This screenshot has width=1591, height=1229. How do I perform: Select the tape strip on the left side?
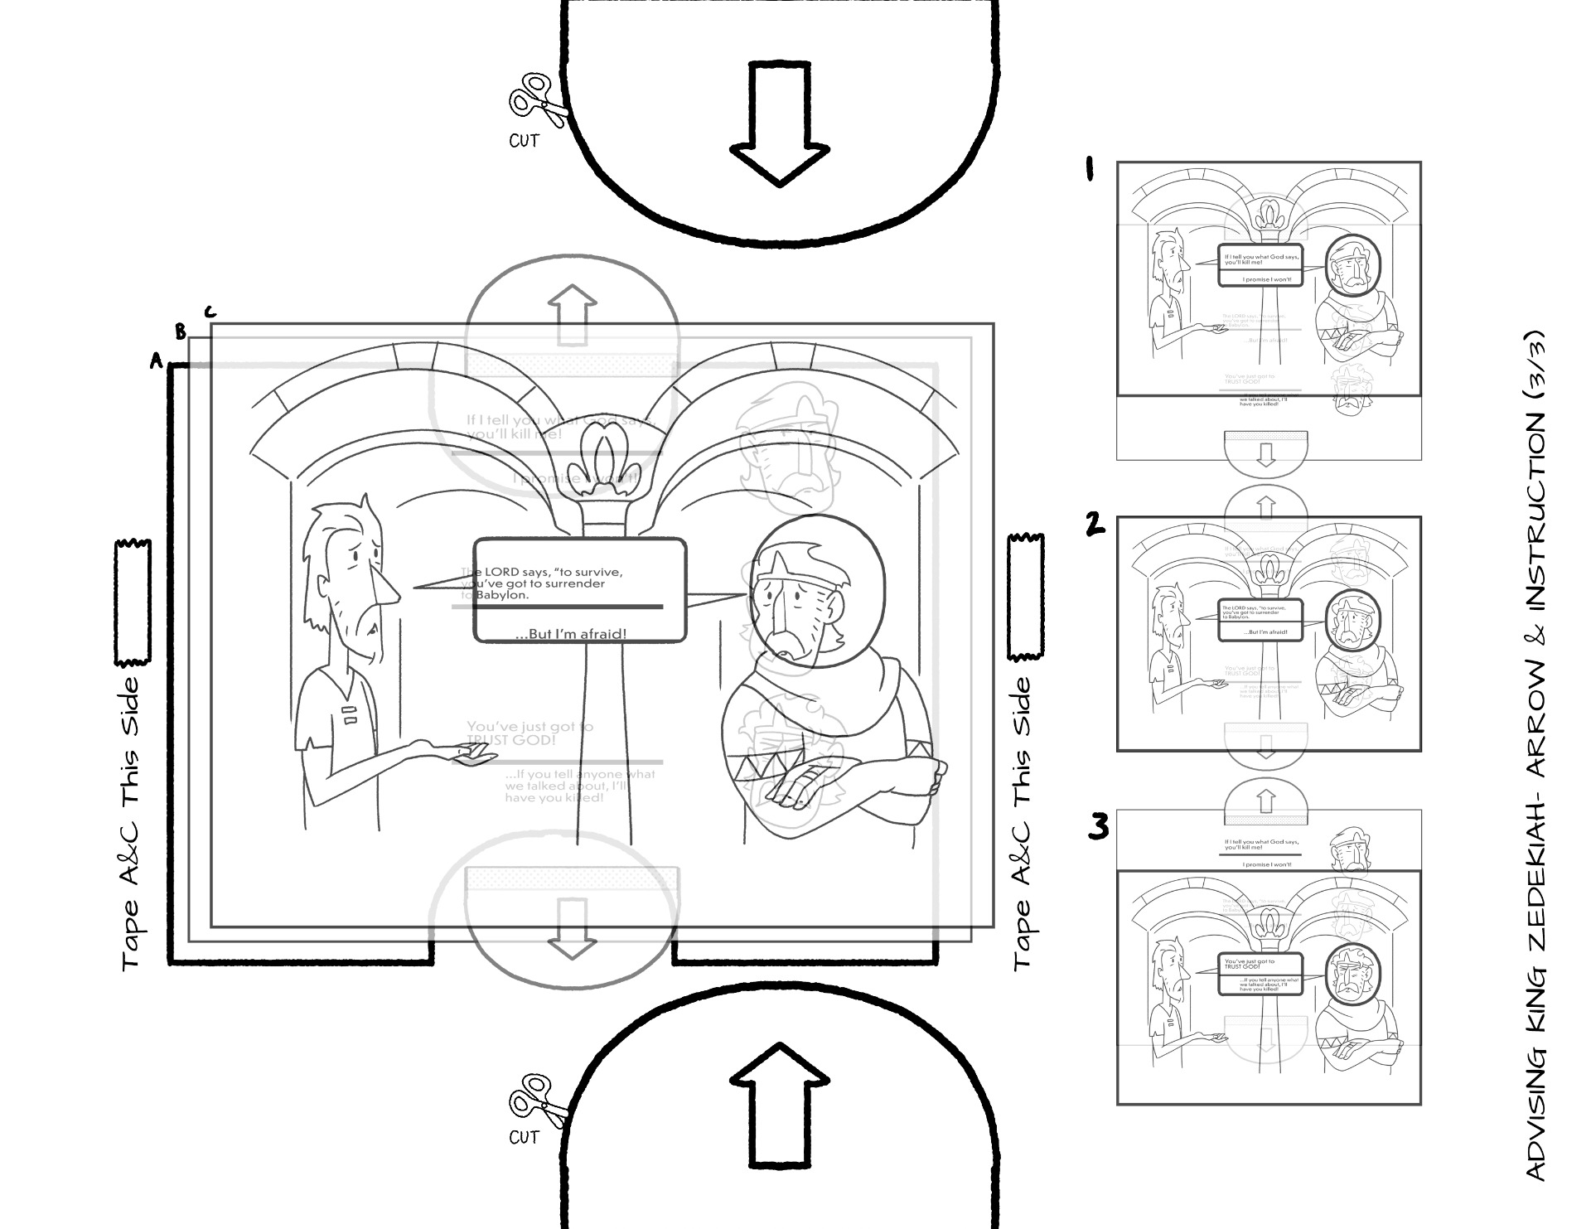click(133, 602)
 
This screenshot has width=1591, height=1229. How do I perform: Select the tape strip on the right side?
click(1026, 597)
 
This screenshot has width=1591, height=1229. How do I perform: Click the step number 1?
click(1090, 171)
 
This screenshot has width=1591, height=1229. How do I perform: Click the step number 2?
click(1096, 524)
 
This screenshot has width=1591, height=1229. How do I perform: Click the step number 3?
click(1098, 827)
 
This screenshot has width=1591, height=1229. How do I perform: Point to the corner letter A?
click(155, 360)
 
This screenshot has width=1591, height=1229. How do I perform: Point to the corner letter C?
click(210, 312)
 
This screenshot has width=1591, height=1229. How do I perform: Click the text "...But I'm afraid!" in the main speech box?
click(571, 634)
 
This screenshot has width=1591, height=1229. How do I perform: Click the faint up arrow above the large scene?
click(573, 315)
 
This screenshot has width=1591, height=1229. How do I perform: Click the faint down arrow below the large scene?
click(573, 928)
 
